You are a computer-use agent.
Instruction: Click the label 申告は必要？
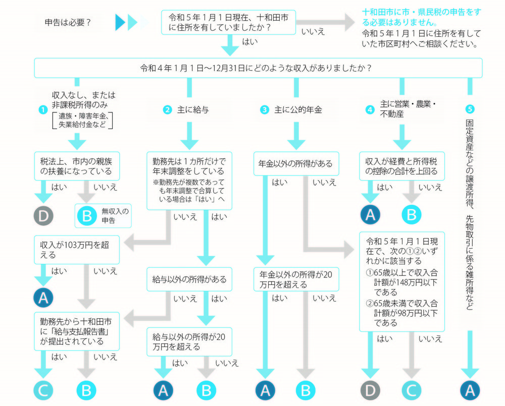click(68, 22)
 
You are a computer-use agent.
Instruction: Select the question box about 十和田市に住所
click(228, 22)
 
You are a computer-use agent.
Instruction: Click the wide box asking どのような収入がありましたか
click(258, 68)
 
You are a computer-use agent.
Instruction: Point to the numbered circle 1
click(44, 109)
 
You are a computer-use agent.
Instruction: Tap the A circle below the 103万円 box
click(43, 297)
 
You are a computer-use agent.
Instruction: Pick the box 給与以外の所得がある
click(189, 279)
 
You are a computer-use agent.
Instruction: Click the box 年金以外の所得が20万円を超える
click(296, 279)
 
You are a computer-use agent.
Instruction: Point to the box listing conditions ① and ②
click(402, 281)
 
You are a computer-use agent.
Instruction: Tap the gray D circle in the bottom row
click(370, 390)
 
